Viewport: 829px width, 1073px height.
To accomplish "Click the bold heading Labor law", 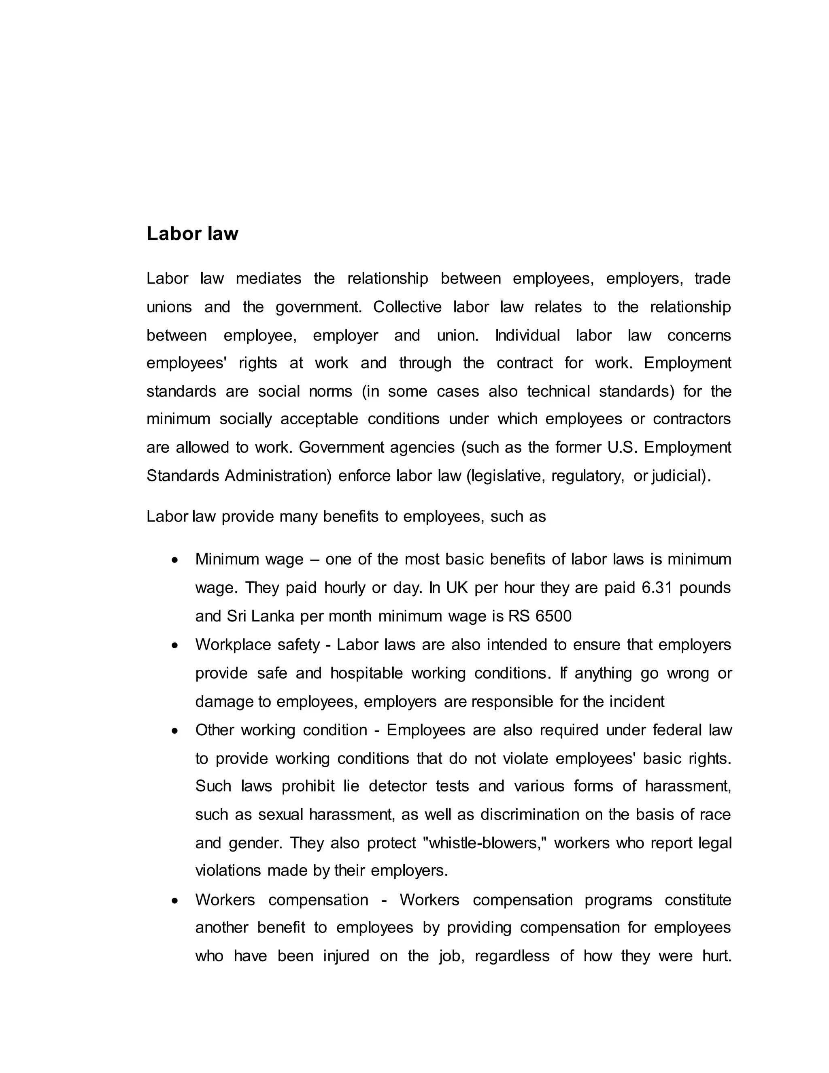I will [192, 234].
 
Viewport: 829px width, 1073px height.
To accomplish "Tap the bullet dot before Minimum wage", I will [175, 560].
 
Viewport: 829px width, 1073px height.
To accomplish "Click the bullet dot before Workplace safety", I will [175, 645].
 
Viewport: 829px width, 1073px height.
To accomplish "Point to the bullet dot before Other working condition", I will [175, 731].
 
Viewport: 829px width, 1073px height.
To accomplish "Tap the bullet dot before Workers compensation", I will [175, 901].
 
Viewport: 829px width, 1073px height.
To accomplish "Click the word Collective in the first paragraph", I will [407, 307].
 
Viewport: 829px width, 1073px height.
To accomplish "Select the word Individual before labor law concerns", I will [527, 336].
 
